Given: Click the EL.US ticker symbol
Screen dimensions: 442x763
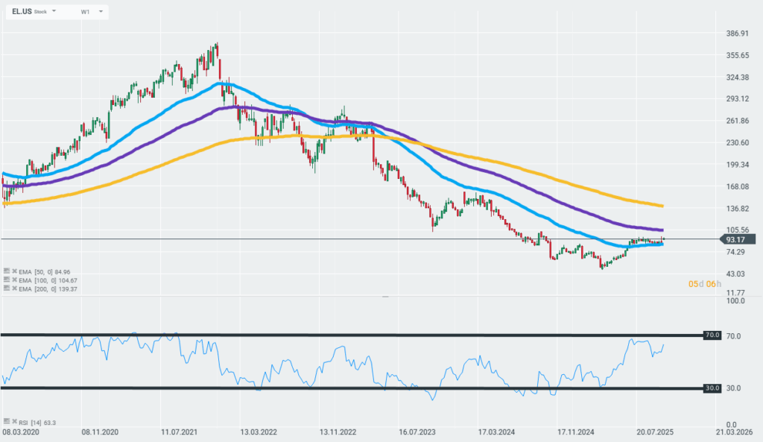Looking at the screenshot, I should pos(22,12).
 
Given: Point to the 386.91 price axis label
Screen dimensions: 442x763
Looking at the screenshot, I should pos(736,34).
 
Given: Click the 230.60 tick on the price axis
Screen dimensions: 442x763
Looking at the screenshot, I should pos(736,143).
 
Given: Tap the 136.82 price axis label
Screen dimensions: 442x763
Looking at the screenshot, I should pos(736,209).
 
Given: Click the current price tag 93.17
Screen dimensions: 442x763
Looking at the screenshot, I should pos(736,239).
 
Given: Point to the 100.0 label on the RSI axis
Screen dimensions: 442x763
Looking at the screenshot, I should pos(736,301).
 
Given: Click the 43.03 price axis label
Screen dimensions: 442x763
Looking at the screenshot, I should pos(736,274).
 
